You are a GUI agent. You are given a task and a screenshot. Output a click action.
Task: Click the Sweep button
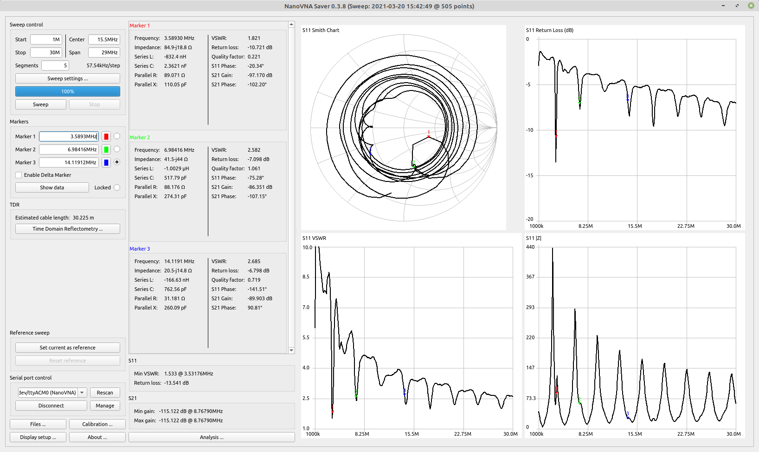tap(40, 104)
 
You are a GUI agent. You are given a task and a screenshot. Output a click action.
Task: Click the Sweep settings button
tap(67, 78)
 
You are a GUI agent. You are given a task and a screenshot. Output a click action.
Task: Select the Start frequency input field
tap(46, 39)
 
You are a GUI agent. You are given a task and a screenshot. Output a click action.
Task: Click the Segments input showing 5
tap(55, 65)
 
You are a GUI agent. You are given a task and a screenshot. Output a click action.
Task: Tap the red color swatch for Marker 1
tap(106, 136)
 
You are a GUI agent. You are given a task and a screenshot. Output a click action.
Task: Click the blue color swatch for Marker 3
tap(106, 162)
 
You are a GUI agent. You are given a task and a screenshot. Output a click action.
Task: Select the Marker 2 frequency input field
tap(69, 149)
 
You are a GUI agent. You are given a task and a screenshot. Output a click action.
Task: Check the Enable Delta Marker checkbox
tap(19, 175)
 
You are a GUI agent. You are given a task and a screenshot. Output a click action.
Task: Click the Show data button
tap(52, 187)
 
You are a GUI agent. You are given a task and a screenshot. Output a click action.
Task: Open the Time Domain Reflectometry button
tap(67, 229)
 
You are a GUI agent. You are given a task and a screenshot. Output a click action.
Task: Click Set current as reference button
tap(67, 348)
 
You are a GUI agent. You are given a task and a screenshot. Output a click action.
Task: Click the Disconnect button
tap(51, 406)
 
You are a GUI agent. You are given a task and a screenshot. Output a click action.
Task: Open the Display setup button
tap(38, 437)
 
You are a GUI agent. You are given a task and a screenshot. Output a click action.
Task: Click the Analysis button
tap(212, 437)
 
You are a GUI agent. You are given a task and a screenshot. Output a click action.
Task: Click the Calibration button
tap(97, 424)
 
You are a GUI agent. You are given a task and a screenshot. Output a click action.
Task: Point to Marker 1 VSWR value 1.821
tap(254, 38)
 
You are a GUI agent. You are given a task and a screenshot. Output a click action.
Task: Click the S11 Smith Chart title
tap(321, 30)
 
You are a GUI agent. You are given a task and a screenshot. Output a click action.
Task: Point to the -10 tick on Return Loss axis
tap(529, 130)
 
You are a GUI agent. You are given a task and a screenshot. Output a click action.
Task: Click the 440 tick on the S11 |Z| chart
tap(530, 247)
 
